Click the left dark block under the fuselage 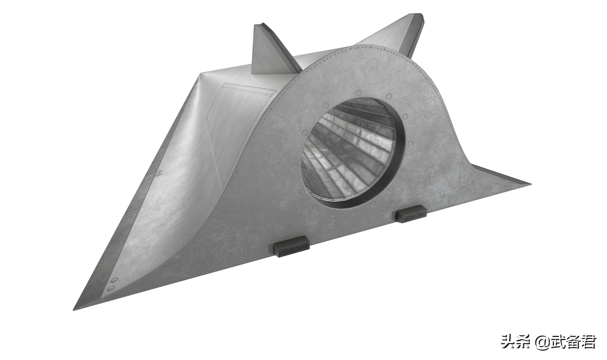point(291,247)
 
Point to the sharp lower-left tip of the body point(74,310)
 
